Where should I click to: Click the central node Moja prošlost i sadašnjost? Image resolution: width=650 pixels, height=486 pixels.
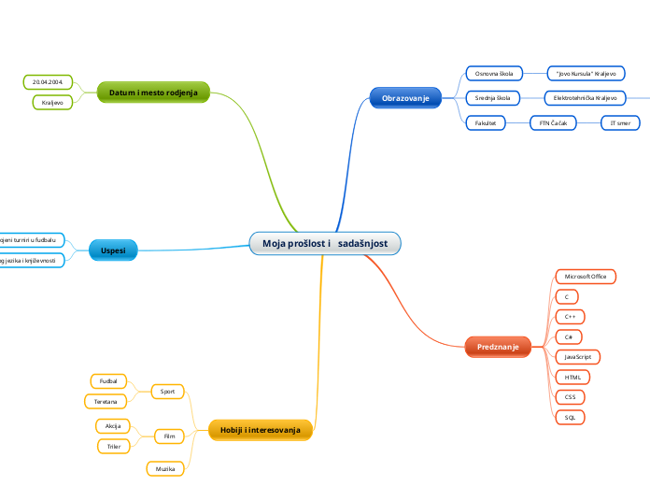point(325,244)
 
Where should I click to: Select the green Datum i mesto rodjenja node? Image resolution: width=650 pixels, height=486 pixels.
point(153,92)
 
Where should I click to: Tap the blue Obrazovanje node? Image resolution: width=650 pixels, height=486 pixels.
point(405,97)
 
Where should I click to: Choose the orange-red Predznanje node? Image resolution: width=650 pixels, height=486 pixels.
point(498,347)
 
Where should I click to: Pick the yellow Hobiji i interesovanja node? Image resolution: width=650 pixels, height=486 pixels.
point(261,429)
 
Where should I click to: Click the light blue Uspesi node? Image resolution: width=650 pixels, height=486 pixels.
point(113,250)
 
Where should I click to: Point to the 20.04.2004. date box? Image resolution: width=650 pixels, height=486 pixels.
point(47,82)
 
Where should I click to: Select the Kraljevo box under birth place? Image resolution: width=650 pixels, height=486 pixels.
point(51,102)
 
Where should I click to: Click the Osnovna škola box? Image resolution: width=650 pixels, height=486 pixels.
point(494,73)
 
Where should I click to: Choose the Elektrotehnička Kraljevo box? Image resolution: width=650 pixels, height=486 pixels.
point(586,98)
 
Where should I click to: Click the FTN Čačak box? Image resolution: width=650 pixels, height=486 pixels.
point(553,122)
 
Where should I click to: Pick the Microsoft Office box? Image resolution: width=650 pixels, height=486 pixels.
point(586,277)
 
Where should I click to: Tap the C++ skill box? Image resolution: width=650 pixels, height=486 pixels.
point(570,317)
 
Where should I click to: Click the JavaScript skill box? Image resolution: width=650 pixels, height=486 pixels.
point(577,357)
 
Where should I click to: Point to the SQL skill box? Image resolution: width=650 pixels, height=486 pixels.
point(570,417)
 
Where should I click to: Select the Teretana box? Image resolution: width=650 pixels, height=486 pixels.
point(106,401)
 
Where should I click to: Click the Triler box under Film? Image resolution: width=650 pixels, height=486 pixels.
point(114,447)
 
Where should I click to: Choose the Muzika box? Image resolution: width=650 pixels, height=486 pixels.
point(165,468)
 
